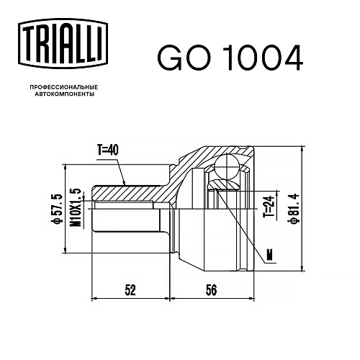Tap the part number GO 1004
coord(230,58)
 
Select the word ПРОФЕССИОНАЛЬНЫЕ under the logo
coord(64,86)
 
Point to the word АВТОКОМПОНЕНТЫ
coord(65,94)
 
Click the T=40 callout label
coord(108,150)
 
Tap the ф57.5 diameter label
coord(58,209)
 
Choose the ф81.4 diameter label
coord(294,209)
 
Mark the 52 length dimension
coord(131,290)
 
